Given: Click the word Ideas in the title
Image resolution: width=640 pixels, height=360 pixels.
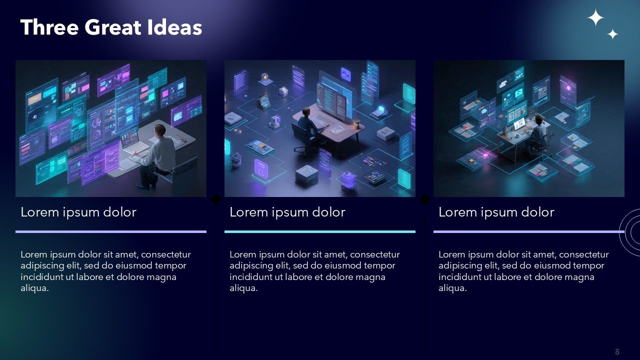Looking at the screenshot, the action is click(175, 27).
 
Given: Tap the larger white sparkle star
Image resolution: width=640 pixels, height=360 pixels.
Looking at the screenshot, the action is click(595, 17).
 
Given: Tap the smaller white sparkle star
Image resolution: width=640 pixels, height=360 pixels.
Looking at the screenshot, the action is click(612, 34).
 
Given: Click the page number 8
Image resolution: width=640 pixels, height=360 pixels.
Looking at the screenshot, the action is click(617, 351).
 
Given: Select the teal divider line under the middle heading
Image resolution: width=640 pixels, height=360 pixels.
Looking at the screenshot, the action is click(319, 231).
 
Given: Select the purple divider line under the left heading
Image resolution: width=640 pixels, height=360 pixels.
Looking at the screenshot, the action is click(111, 231).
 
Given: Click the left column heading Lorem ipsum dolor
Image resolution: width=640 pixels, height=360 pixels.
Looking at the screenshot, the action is click(78, 212).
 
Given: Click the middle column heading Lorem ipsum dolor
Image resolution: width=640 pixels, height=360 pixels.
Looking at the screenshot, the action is click(287, 212).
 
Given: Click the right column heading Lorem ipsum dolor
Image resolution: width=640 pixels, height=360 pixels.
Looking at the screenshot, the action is click(496, 212).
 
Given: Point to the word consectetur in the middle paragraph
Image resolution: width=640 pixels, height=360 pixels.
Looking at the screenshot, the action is click(375, 254).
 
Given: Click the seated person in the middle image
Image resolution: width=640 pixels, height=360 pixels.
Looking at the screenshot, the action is click(308, 125).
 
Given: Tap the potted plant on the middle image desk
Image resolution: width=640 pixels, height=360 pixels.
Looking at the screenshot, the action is click(356, 124).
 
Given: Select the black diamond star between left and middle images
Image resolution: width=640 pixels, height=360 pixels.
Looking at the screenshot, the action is click(215, 199).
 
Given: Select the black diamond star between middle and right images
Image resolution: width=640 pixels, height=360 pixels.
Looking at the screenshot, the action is click(424, 199).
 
